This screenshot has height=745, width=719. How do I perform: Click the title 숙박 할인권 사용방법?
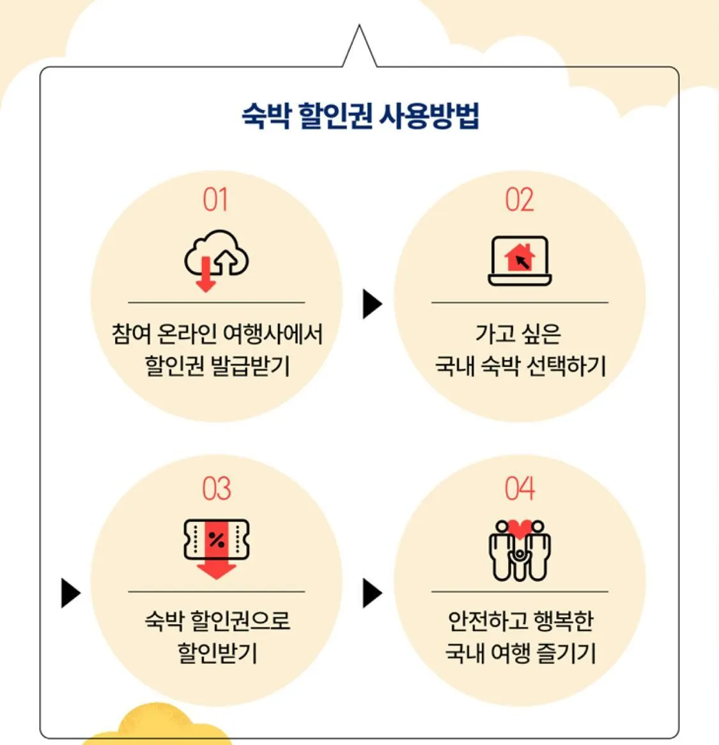(x=360, y=116)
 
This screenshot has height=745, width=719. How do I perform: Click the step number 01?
(x=215, y=200)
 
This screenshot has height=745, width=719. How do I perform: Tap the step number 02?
(x=519, y=200)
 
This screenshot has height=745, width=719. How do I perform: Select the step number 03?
(x=216, y=489)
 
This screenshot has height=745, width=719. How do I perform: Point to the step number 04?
(x=519, y=489)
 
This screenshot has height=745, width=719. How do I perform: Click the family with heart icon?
(x=520, y=550)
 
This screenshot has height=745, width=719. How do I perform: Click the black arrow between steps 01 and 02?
(x=371, y=304)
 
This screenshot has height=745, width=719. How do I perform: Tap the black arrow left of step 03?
(x=70, y=593)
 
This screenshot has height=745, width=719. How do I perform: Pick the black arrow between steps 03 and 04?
(x=371, y=593)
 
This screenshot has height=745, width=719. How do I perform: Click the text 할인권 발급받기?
(x=217, y=366)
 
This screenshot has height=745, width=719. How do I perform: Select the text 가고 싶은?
(x=518, y=333)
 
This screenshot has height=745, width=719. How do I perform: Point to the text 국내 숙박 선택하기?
(x=520, y=366)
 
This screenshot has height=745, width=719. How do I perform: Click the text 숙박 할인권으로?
(x=217, y=621)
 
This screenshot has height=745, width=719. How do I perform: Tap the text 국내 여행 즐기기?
(x=520, y=654)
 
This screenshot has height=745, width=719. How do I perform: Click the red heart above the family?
(x=520, y=529)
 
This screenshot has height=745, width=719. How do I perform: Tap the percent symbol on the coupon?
(x=217, y=540)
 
